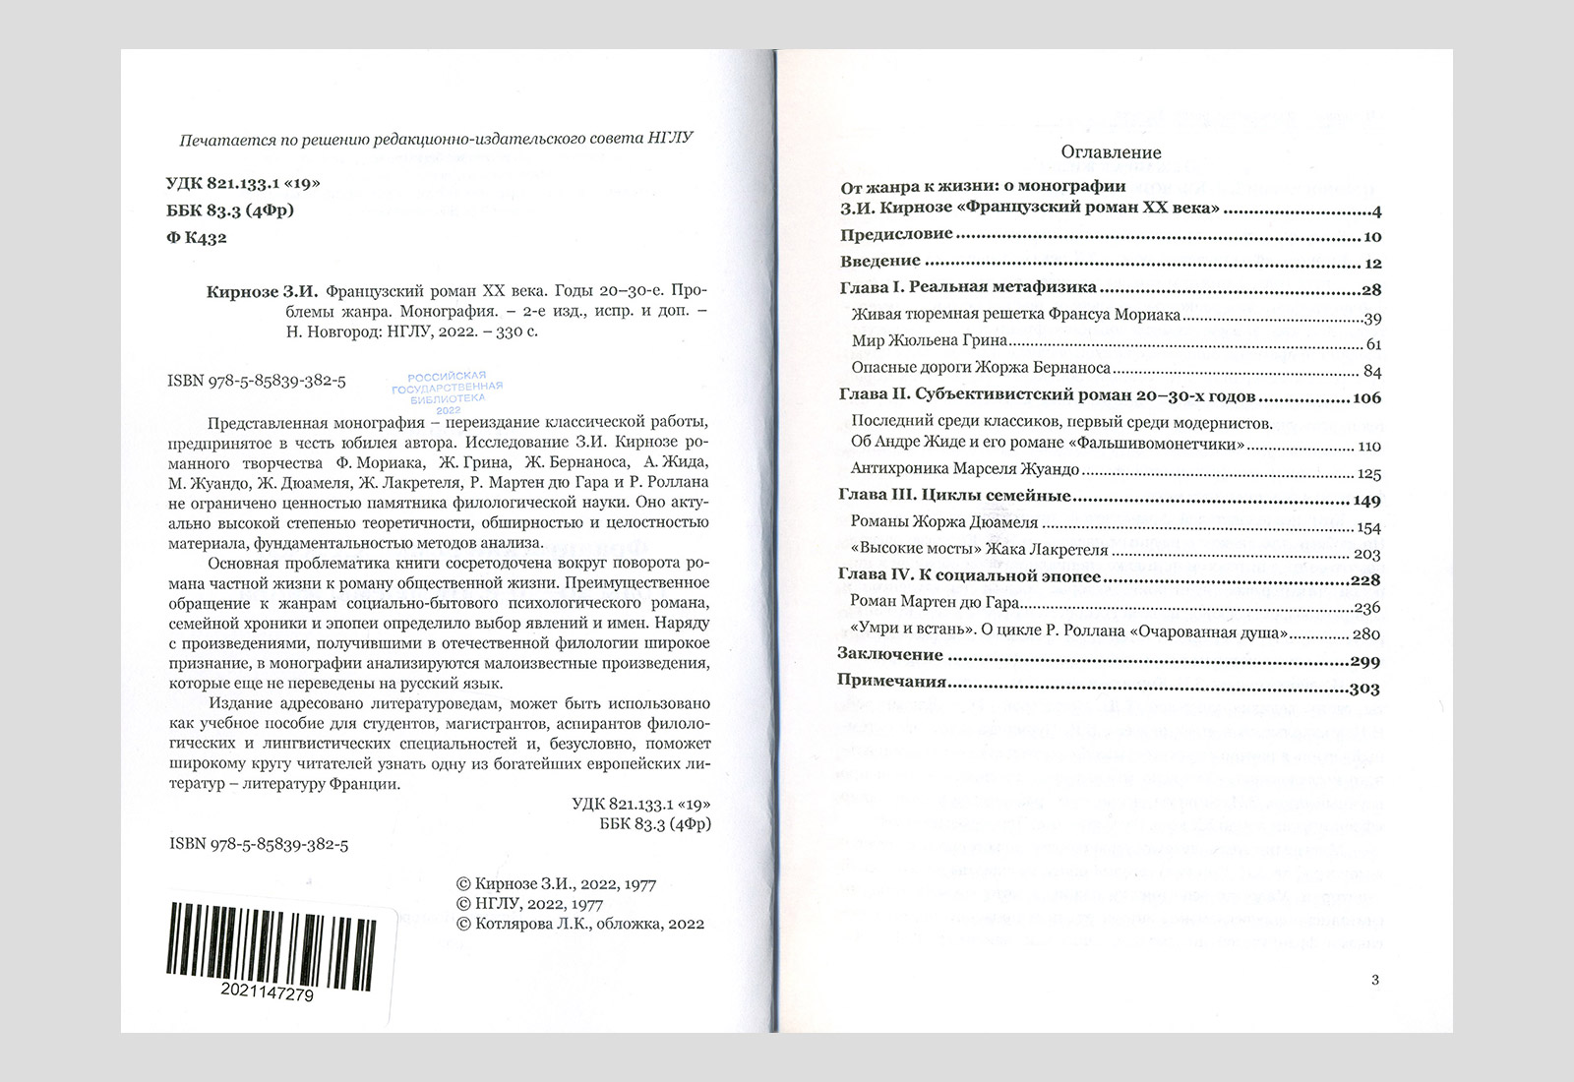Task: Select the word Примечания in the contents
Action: (x=891, y=681)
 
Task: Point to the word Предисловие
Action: (x=896, y=234)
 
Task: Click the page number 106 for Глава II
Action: (x=1366, y=398)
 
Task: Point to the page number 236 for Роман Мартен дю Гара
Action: (x=1367, y=607)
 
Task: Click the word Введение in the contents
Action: (x=880, y=261)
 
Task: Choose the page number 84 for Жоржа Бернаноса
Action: (x=1372, y=370)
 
